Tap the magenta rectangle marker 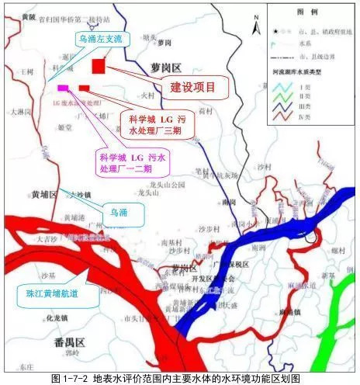click(x=63, y=88)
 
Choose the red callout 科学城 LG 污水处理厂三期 click(x=156, y=121)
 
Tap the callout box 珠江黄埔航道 click(x=48, y=293)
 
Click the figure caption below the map click(x=180, y=378)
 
